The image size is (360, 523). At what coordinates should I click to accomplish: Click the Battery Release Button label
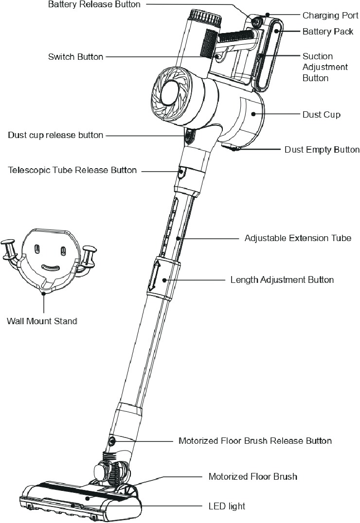point(94,4)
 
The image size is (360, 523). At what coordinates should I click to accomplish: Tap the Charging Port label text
point(327,16)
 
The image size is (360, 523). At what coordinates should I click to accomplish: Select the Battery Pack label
point(327,32)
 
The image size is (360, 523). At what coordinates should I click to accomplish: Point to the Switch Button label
point(75,57)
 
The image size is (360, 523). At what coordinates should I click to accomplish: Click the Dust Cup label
point(321,115)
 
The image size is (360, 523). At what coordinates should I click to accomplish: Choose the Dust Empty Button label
point(322,150)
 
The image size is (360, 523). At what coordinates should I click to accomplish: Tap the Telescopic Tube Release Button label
point(72,170)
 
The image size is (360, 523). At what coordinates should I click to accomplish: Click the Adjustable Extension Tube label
point(298,238)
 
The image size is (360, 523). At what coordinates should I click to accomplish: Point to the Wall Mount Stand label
point(42,321)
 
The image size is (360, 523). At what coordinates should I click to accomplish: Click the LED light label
point(226,506)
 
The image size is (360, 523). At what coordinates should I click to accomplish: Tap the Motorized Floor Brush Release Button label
point(255,441)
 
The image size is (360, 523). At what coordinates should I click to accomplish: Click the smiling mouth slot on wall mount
point(50,268)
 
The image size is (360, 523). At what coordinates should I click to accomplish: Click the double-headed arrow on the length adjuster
point(152,277)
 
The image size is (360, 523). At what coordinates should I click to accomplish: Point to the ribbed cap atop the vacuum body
point(206,18)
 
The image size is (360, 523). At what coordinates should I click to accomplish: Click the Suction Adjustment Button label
point(325,67)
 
